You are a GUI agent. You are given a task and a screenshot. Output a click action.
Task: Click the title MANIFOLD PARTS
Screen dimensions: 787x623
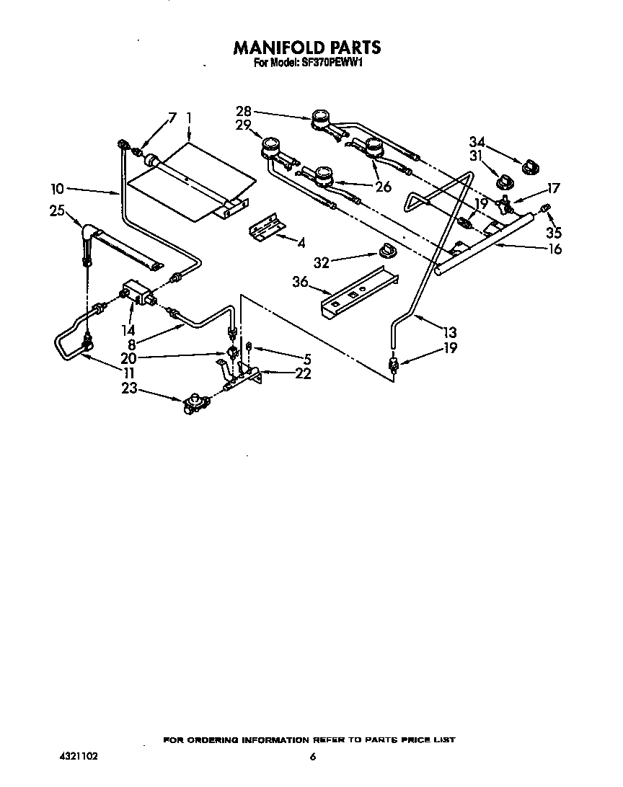pos(306,48)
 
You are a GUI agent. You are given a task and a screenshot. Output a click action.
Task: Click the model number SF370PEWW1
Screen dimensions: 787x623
pos(332,63)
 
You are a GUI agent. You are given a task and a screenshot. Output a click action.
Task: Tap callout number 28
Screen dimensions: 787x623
pos(244,111)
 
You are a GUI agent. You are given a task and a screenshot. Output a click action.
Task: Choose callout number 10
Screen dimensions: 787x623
pos(58,190)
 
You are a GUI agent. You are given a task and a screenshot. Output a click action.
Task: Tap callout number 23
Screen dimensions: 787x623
pos(129,390)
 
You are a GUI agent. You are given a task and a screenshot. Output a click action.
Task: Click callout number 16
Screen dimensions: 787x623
pos(554,249)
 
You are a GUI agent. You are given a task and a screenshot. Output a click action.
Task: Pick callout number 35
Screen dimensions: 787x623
pos(553,233)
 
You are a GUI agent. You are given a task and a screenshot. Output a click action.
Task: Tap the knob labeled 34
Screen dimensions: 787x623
pos(530,167)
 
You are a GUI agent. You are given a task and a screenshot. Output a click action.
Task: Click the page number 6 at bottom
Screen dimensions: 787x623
pos(313,757)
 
